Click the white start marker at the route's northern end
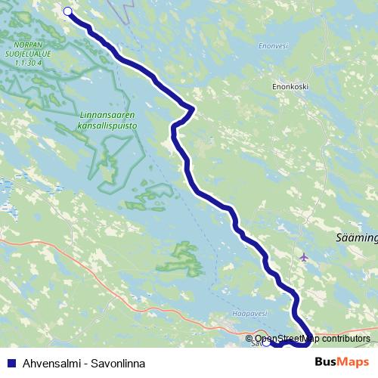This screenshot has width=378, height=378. (x=68, y=11)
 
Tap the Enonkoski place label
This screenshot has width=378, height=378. (x=290, y=87)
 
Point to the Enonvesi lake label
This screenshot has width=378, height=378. (x=273, y=46)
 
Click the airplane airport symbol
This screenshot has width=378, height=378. (x=304, y=257)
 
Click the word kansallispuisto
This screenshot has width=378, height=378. (x=107, y=126)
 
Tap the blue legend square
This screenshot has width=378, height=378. (x=11, y=363)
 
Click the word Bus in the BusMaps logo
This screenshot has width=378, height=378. (x=327, y=362)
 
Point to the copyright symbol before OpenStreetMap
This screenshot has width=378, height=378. (x=249, y=339)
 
